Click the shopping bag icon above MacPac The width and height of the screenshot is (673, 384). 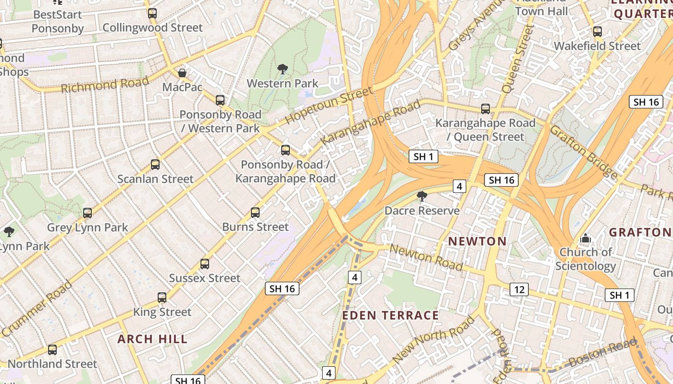(x=182, y=73)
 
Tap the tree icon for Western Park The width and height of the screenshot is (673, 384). (x=283, y=69)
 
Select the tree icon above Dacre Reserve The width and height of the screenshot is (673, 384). (x=422, y=196)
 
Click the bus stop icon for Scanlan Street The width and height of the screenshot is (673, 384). (x=155, y=165)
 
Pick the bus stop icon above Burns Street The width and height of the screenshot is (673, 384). (x=255, y=212)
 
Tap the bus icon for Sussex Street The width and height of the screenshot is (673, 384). (x=205, y=264)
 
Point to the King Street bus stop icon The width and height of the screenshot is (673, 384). (x=162, y=297)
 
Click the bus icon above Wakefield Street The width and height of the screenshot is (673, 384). (x=597, y=32)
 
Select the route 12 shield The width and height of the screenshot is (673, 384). (x=519, y=289)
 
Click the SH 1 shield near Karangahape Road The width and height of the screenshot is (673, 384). (x=424, y=156)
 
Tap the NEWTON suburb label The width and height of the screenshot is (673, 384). (x=477, y=241)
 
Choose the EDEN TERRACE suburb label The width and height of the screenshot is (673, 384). (x=390, y=315)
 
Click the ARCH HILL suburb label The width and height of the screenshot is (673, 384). (x=152, y=339)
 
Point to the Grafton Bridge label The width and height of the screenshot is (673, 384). (x=584, y=151)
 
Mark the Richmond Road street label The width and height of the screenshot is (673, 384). (x=105, y=85)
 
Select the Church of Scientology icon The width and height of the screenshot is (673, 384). (x=585, y=238)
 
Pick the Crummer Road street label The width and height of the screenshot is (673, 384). (x=37, y=308)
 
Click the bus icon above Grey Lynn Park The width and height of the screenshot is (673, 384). (x=87, y=213)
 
